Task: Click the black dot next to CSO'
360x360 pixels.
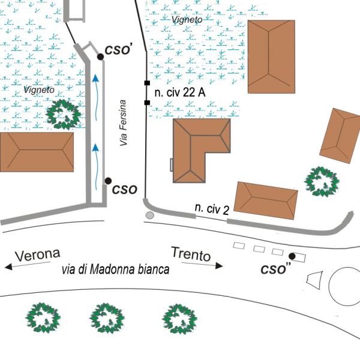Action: click(x=100, y=57)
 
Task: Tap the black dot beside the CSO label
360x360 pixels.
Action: click(x=108, y=181)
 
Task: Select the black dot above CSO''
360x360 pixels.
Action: click(x=292, y=256)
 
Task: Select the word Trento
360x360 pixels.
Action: click(x=191, y=254)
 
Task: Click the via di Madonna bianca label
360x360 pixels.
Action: click(x=116, y=269)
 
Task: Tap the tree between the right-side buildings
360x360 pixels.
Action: click(x=322, y=181)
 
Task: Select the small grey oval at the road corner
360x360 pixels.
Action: click(x=149, y=215)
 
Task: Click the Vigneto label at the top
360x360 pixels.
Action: click(x=187, y=19)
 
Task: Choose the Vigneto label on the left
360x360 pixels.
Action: click(x=39, y=89)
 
